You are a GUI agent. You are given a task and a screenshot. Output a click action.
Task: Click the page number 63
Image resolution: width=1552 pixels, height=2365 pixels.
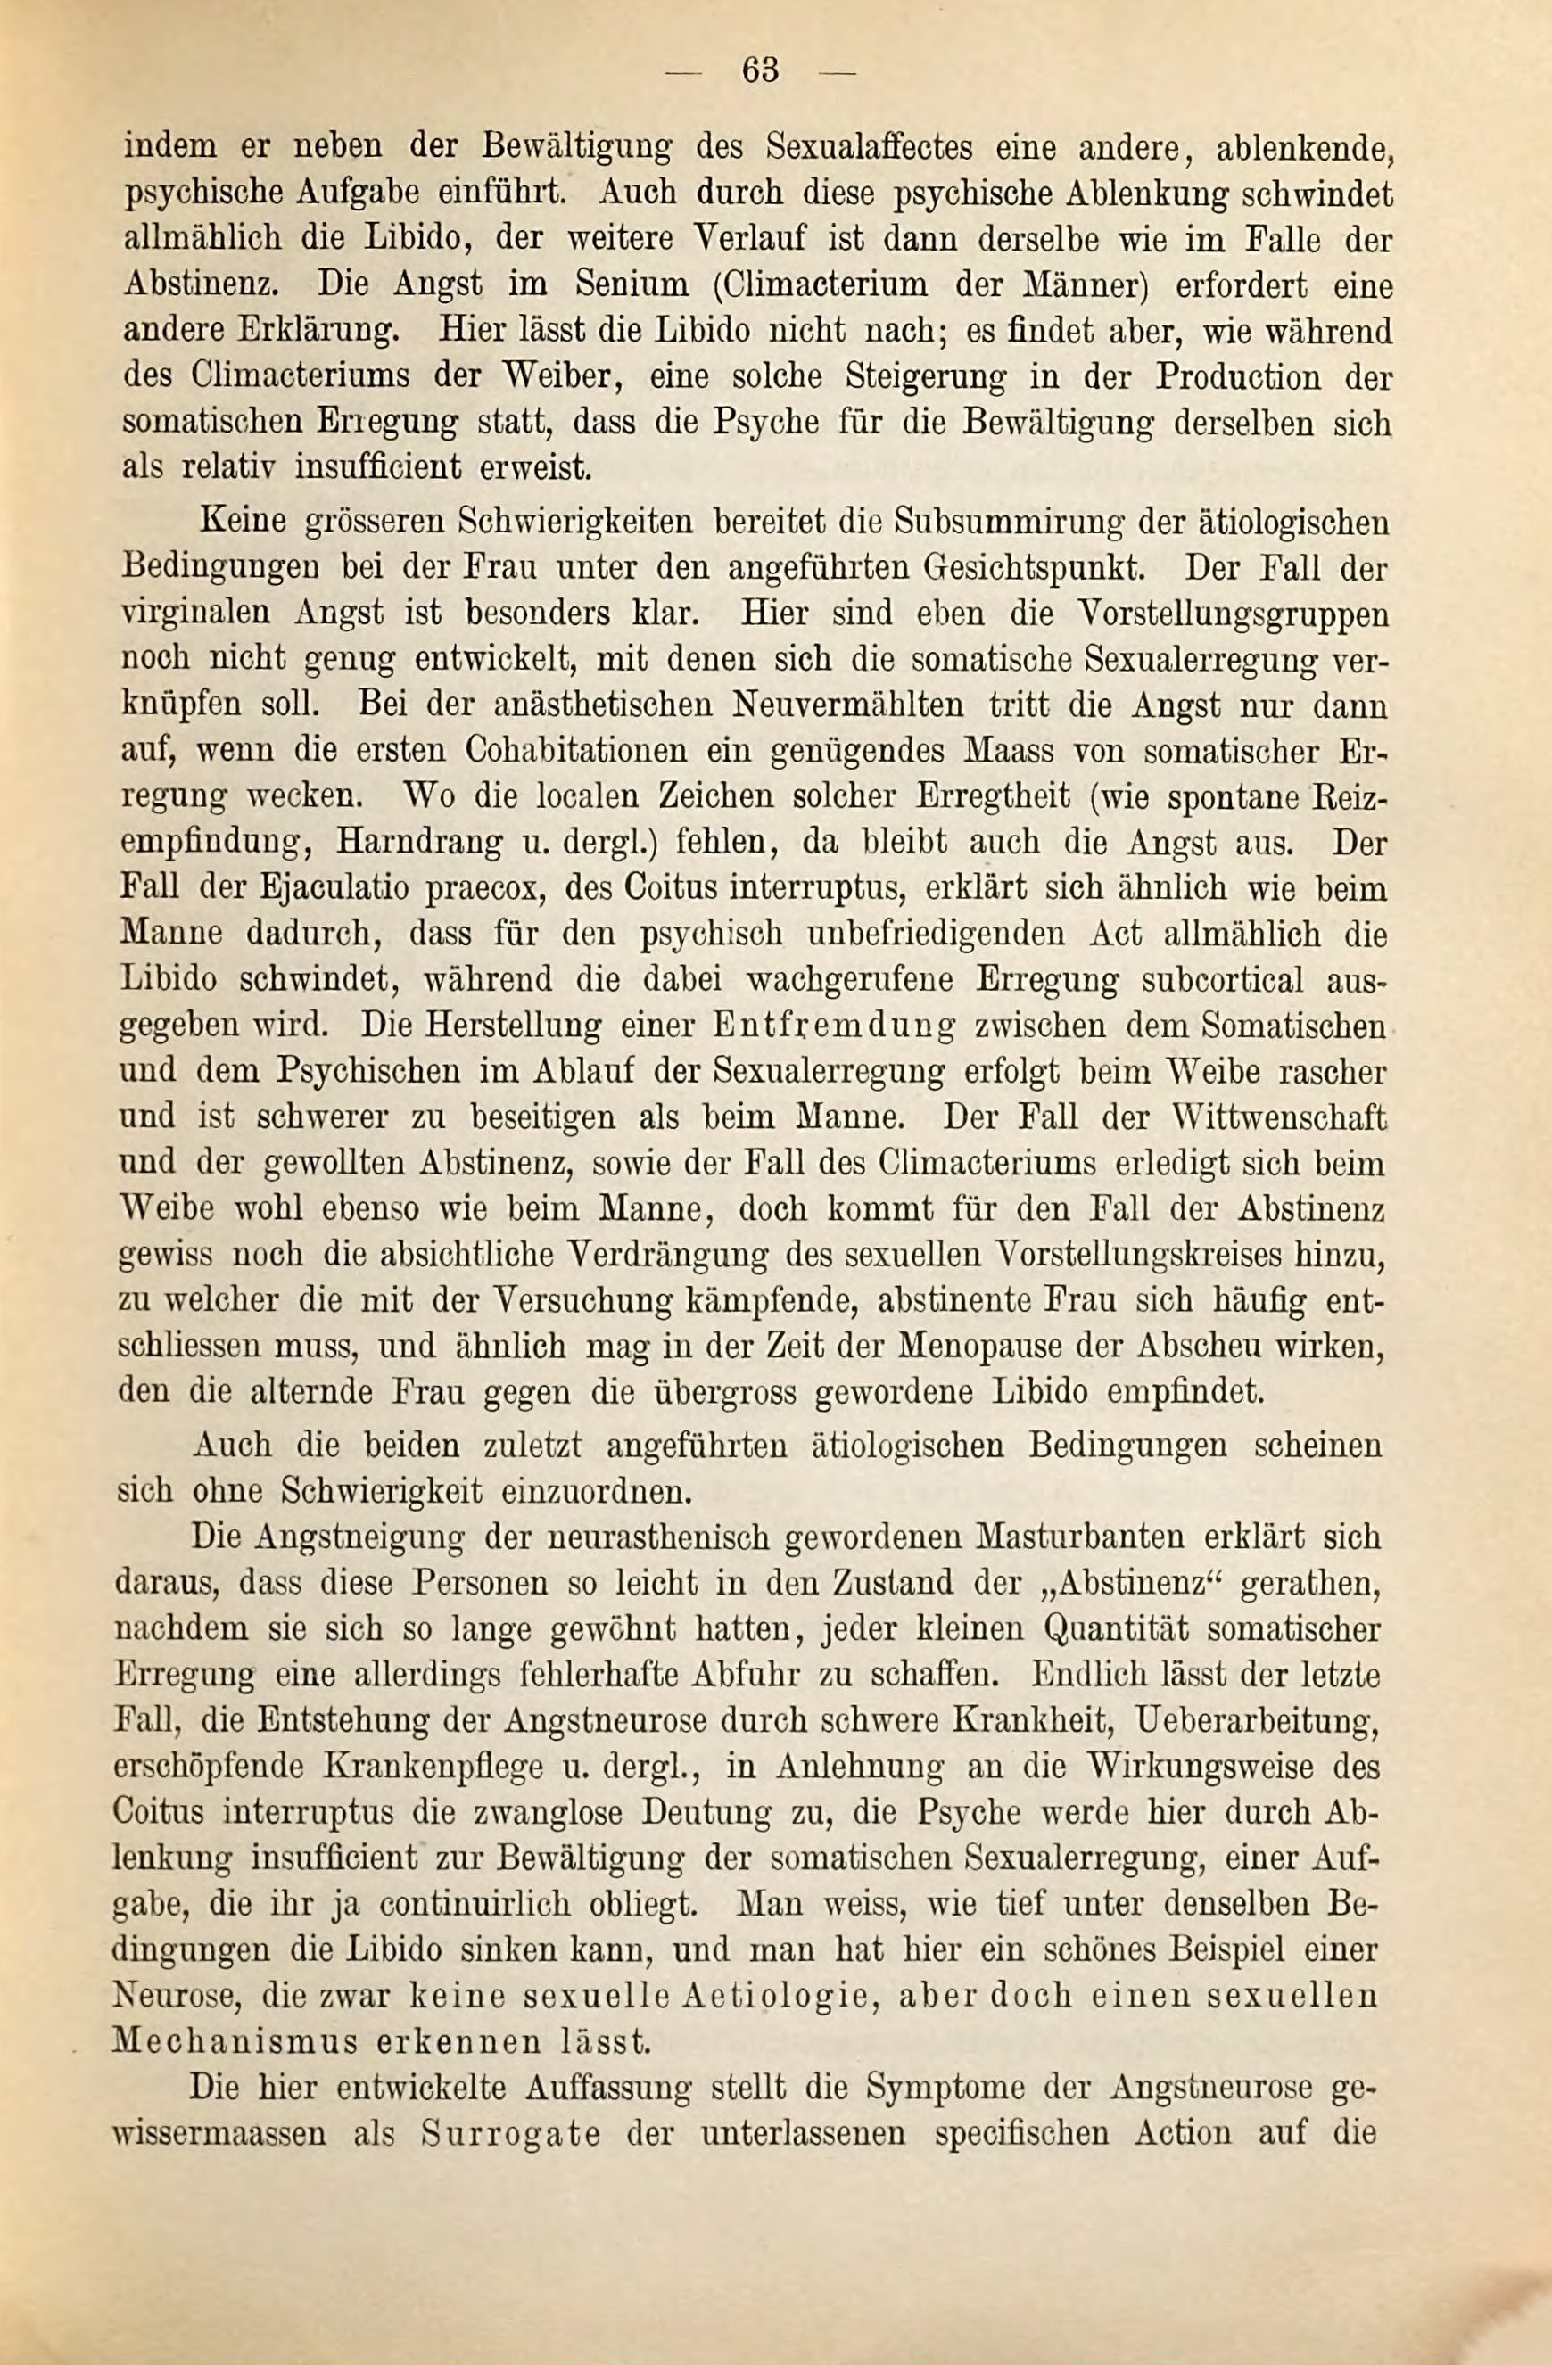(x=759, y=70)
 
